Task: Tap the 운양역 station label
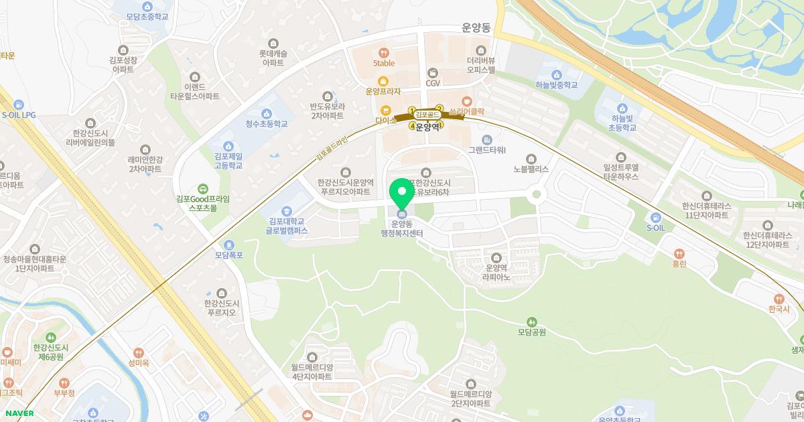pyautogui.click(x=427, y=127)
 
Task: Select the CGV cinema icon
pyautogui.click(x=432, y=72)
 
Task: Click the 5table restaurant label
pyautogui.click(x=384, y=63)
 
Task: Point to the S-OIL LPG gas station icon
pyautogui.click(x=18, y=104)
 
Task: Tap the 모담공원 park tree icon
pyautogui.click(x=532, y=322)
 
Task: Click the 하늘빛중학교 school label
pyautogui.click(x=556, y=85)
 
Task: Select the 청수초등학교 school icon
pyautogui.click(x=267, y=113)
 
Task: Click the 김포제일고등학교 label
pyautogui.click(x=228, y=161)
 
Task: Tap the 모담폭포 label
pyautogui.click(x=228, y=255)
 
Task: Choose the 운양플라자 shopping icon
pyautogui.click(x=383, y=81)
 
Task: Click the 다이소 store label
pyautogui.click(x=386, y=122)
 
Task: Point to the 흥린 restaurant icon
pyautogui.click(x=680, y=254)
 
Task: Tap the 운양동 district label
pyautogui.click(x=476, y=29)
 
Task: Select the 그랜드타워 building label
pyautogui.click(x=487, y=149)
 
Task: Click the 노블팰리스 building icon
pyautogui.click(x=531, y=159)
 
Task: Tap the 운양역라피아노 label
pyautogui.click(x=496, y=272)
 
